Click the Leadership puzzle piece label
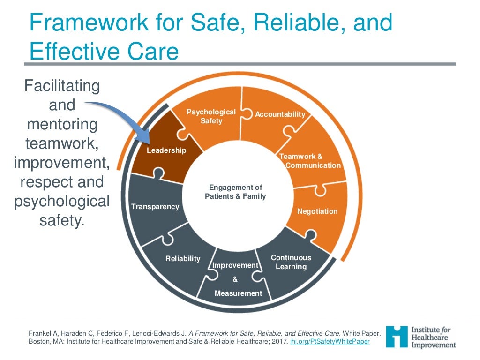pos(166,150)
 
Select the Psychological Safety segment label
pos(211,116)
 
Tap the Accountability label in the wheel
pos(280,114)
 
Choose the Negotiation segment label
pos(317,211)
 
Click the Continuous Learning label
pos(291,262)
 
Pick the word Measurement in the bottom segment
pos(238,293)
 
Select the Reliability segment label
pos(183,259)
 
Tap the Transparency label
pos(155,207)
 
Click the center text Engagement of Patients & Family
pos(235,192)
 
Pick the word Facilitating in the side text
pos(62,86)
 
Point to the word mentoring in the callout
pos(62,125)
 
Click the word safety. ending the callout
pos(62,220)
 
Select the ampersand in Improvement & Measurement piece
pos(235,279)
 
